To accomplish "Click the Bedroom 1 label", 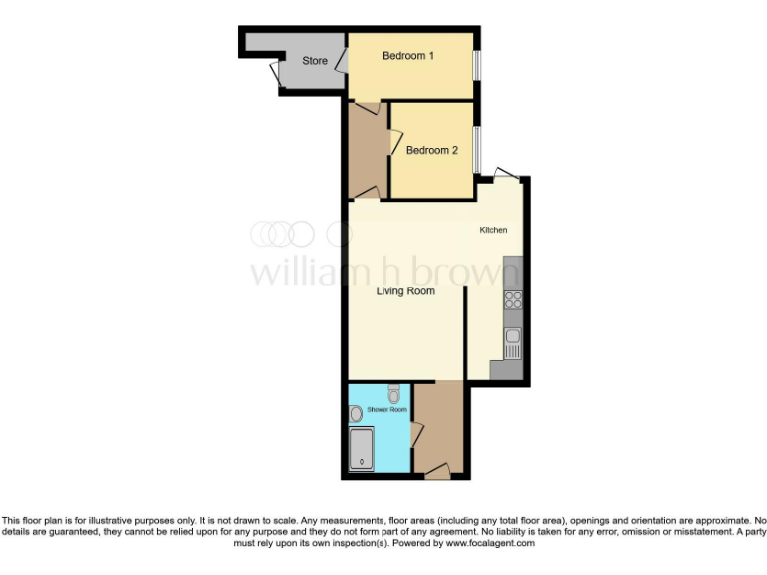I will [408, 56].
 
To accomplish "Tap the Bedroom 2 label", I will [431, 150].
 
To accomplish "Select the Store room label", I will [315, 61].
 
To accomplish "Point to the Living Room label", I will [405, 291].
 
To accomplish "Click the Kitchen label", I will [493, 231].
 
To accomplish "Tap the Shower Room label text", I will [386, 410].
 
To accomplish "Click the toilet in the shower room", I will [394, 394].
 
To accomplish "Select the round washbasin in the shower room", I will [357, 413].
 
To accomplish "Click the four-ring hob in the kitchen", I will [513, 298].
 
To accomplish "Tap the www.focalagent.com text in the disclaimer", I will [483, 544].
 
